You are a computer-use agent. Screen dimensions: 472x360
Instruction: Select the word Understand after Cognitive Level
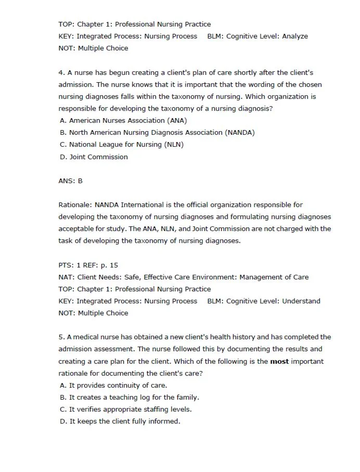(x=301, y=301)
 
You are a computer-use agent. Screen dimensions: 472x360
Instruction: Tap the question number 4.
(x=61, y=73)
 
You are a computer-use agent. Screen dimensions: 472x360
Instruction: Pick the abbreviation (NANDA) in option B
(x=240, y=133)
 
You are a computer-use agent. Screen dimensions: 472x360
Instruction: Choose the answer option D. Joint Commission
(x=94, y=157)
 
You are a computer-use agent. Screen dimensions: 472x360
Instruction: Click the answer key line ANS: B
(x=70, y=181)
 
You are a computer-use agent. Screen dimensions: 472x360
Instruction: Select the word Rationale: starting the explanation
(x=75, y=205)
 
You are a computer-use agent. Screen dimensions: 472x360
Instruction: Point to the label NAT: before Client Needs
(x=66, y=277)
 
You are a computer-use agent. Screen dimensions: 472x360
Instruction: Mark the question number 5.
(x=61, y=337)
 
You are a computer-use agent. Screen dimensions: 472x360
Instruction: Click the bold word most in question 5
(x=280, y=361)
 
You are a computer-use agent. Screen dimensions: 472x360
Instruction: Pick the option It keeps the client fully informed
(x=120, y=422)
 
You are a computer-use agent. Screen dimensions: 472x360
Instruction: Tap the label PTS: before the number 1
(x=66, y=265)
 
